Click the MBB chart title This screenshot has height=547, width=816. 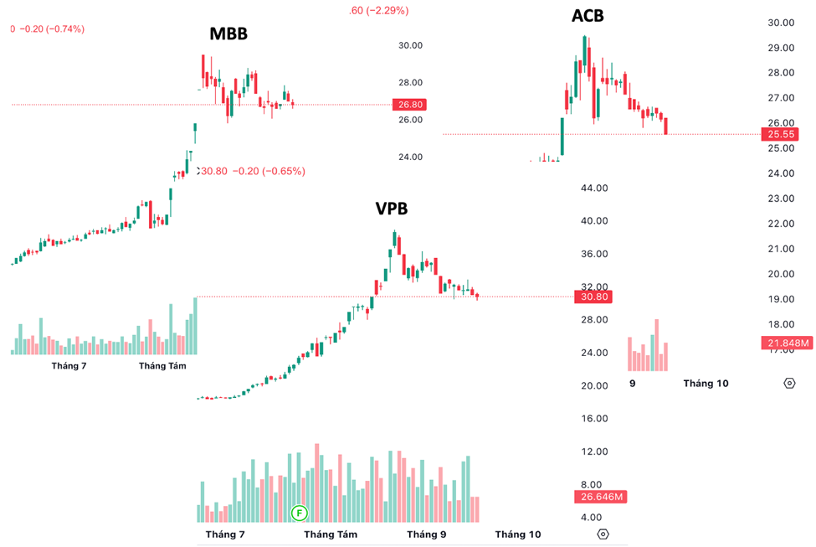[x=228, y=34]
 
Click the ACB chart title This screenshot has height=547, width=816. [x=587, y=15]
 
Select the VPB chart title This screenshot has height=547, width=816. [x=391, y=209]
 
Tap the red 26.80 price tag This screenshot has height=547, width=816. [x=411, y=105]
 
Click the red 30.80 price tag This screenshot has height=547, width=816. [x=591, y=297]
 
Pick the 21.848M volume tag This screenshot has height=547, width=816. [x=787, y=343]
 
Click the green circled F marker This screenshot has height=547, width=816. [x=299, y=512]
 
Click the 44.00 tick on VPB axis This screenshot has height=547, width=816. [x=593, y=188]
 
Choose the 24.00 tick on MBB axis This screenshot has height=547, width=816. [x=410, y=157]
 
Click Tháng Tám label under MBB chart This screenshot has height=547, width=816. [x=162, y=365]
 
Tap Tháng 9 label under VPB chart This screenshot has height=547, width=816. [x=426, y=534]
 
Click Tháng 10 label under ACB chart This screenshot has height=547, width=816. [x=706, y=383]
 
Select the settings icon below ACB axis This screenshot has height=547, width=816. [x=789, y=383]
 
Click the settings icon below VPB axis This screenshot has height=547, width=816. [x=603, y=534]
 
